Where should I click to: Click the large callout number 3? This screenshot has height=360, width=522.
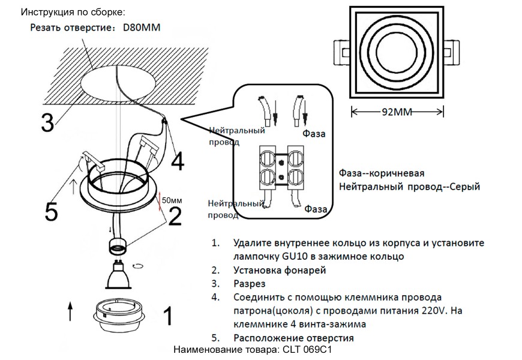coord(47,122)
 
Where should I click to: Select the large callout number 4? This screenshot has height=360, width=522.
coord(177,160)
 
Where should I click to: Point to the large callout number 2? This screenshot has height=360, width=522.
coord(174,216)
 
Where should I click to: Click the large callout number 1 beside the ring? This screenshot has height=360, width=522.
coord(168,315)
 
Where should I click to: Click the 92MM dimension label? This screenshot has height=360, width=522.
coord(398,111)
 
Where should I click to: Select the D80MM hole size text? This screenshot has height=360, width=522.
coord(142,28)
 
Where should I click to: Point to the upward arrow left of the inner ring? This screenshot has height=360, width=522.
coord(70,312)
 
